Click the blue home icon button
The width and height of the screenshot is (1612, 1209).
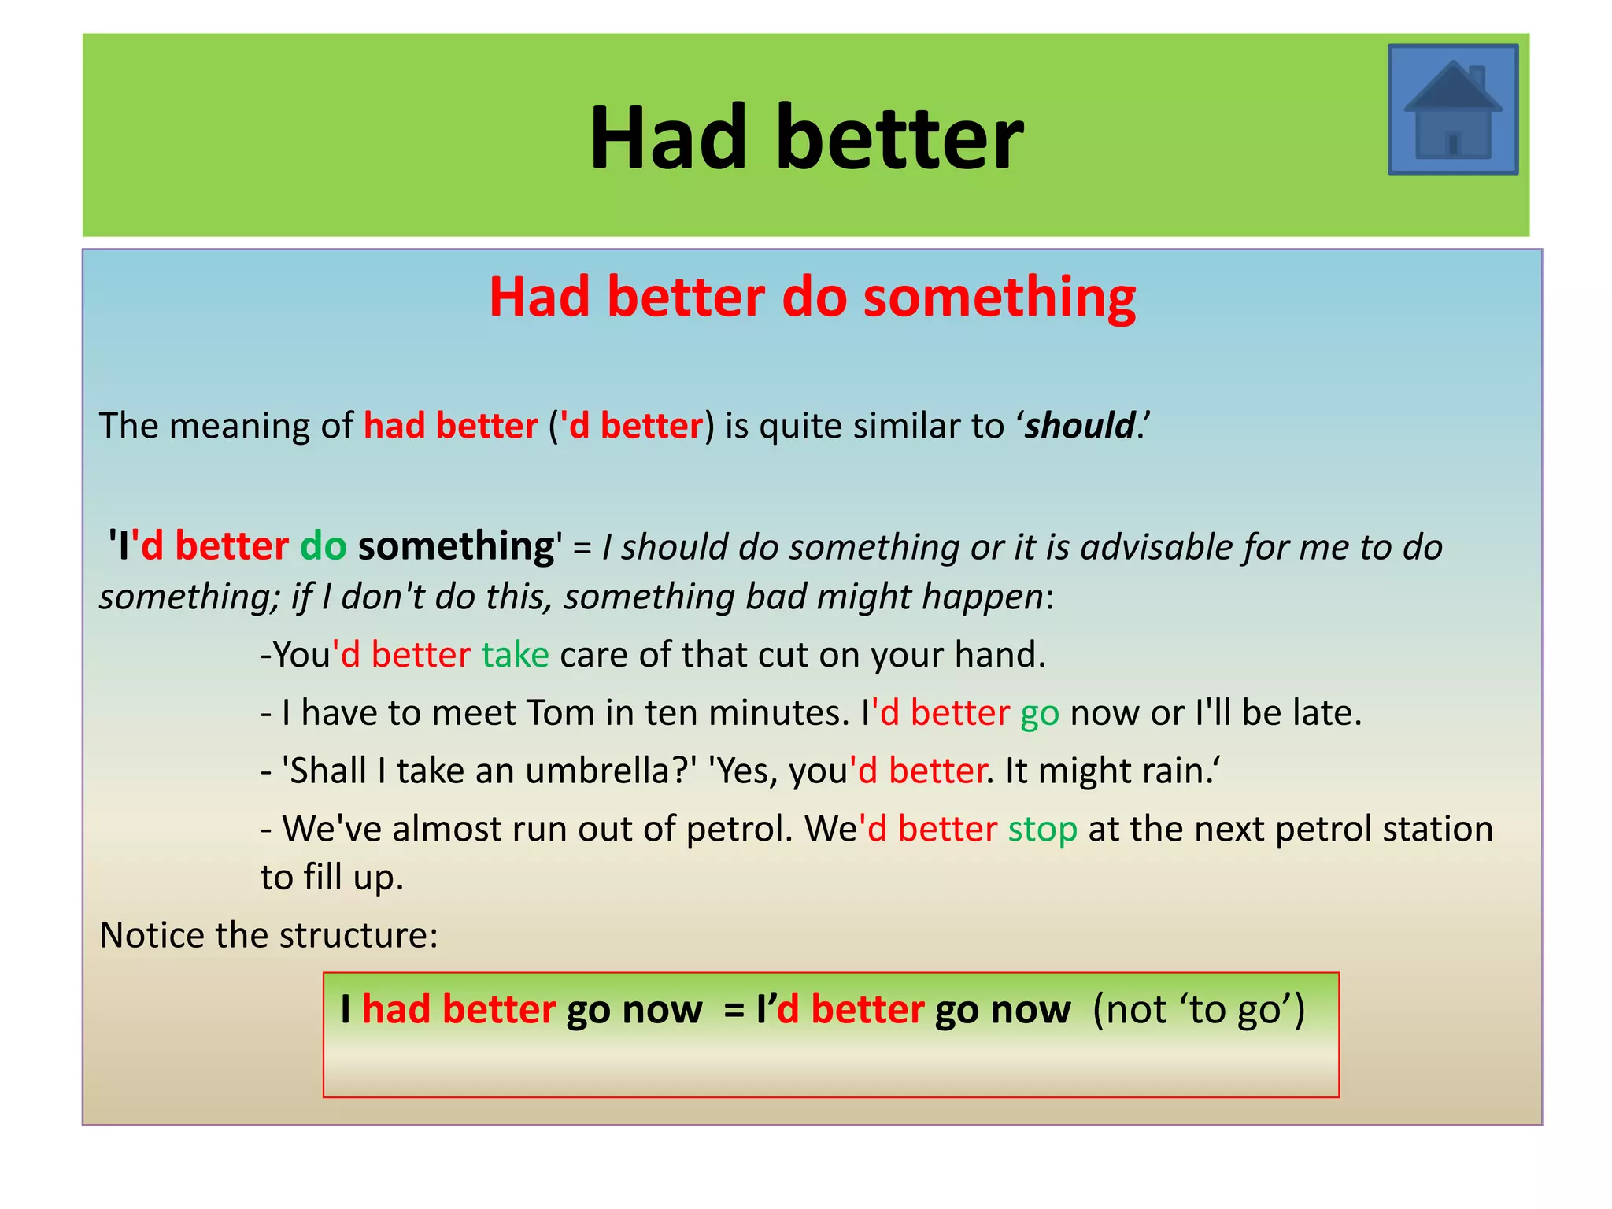pos(1452,109)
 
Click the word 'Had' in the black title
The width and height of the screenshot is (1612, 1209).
pos(667,139)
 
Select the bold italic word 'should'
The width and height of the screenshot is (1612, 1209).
pos(1078,426)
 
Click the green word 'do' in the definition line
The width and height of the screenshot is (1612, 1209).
pos(323,545)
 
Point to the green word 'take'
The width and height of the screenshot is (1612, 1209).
pos(515,655)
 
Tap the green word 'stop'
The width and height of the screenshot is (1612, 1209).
pos(1042,830)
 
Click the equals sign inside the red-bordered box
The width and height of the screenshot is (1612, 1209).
pos(734,1010)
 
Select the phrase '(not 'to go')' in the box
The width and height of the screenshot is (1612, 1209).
pos(1198,1010)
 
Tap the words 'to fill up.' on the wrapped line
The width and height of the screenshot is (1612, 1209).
pos(331,878)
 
